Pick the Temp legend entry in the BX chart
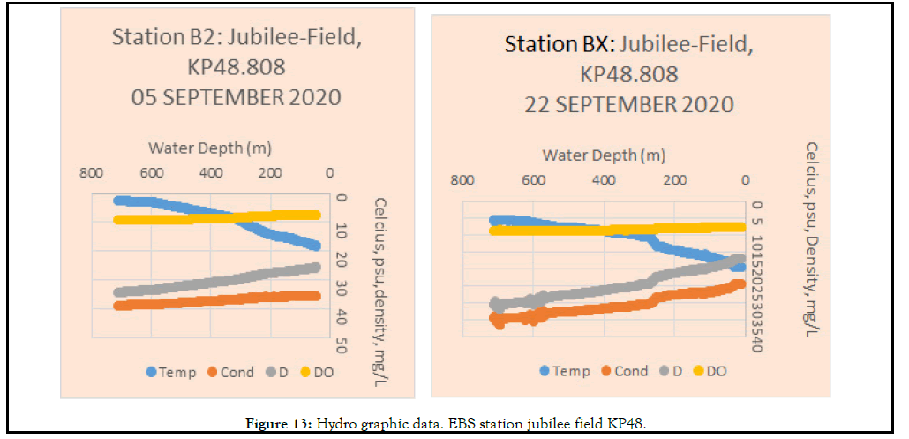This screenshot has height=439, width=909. click(565, 371)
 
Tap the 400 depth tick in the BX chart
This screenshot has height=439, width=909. click(603, 180)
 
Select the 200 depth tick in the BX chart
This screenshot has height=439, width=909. click(674, 180)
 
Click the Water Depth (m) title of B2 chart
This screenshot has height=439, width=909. click(209, 147)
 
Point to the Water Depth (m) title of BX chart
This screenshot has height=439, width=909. click(604, 155)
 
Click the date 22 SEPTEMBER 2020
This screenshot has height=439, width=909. click(628, 104)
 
